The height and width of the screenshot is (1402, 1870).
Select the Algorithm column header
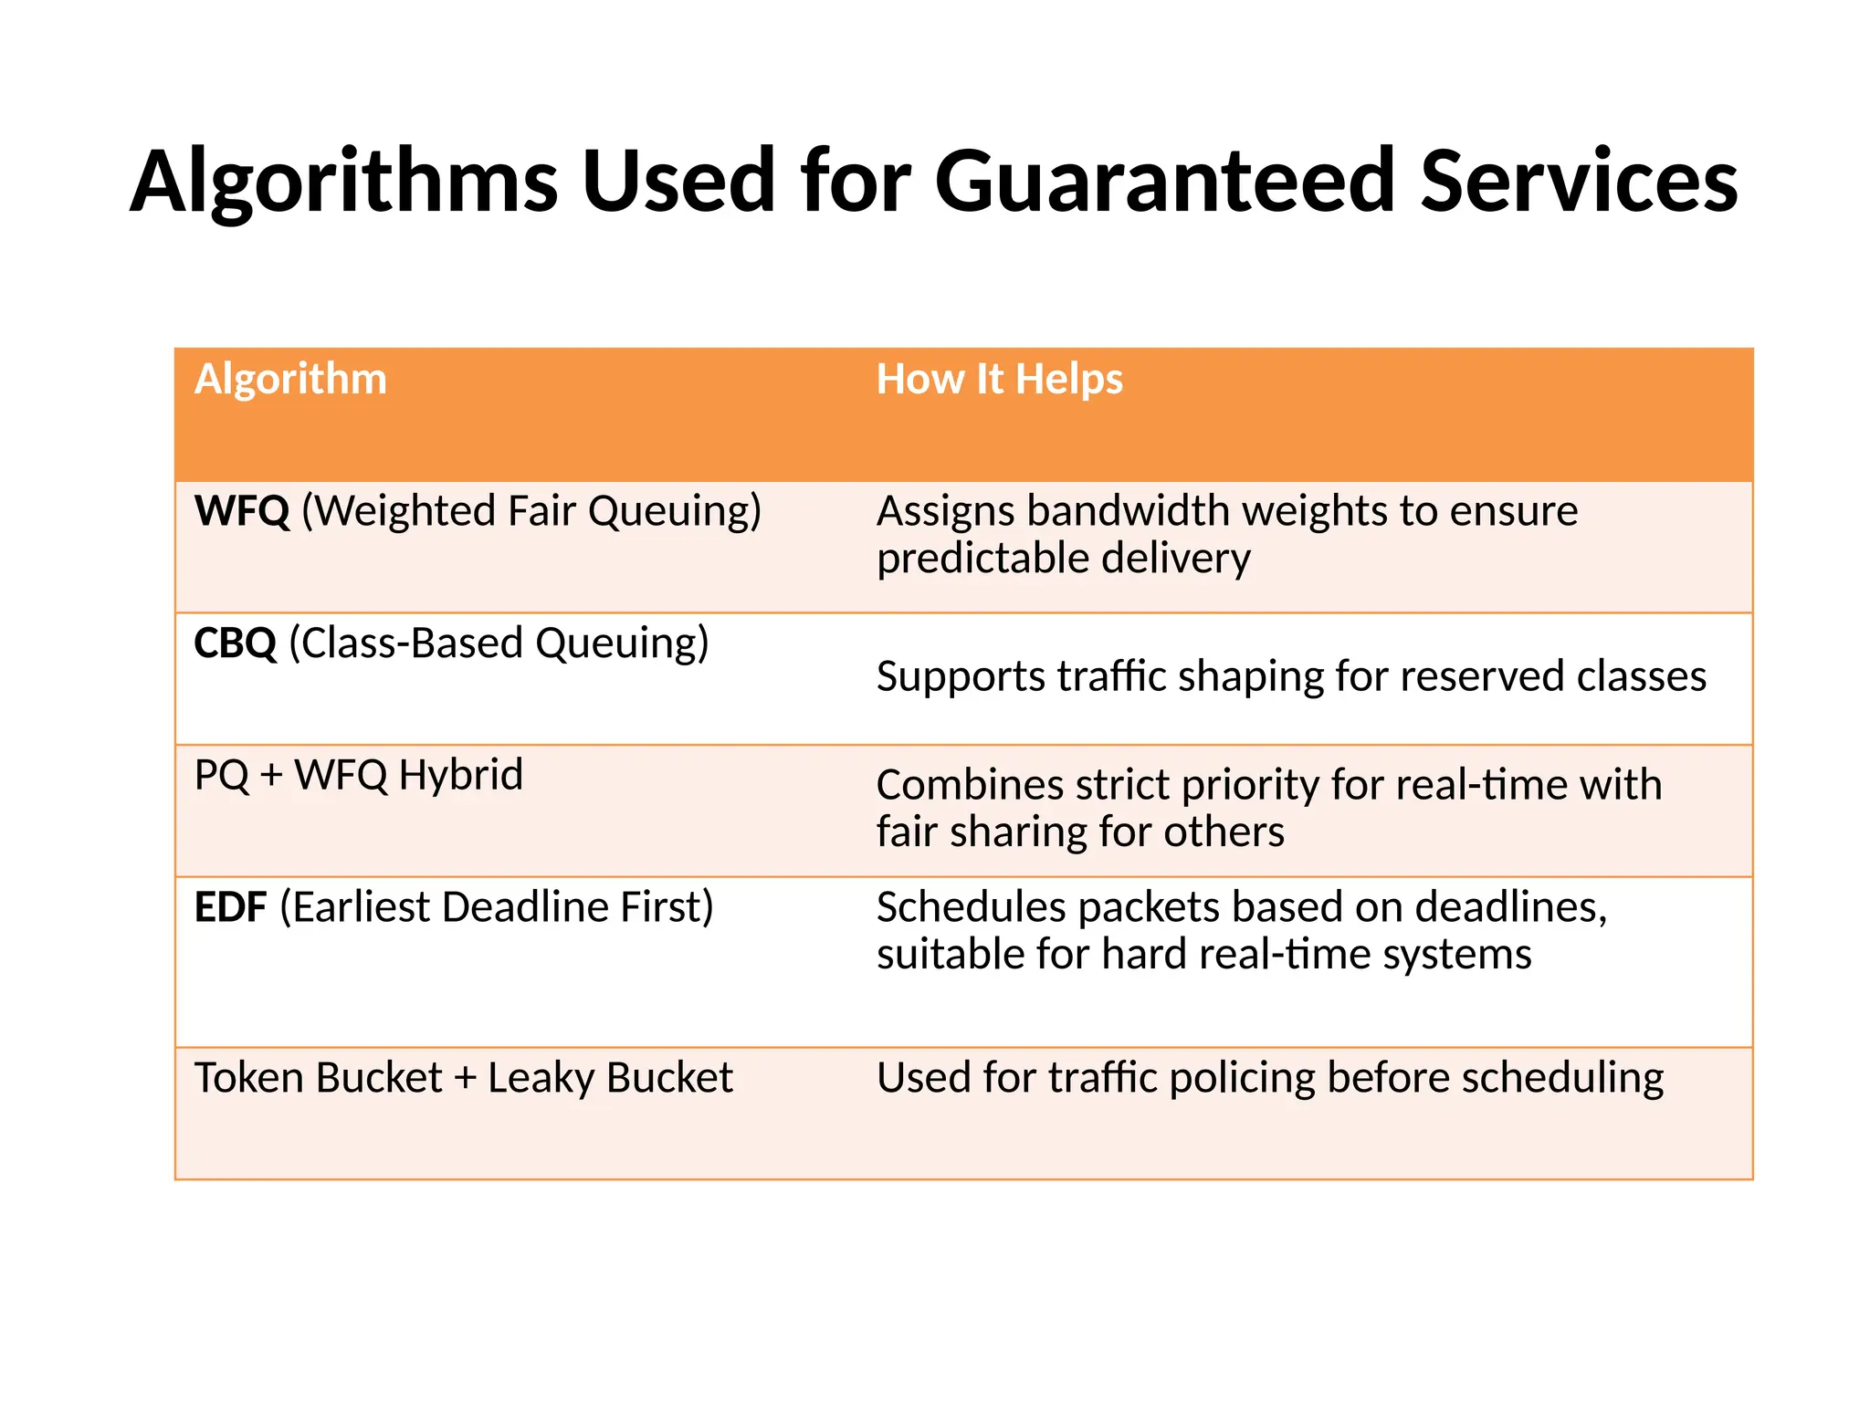pos(290,379)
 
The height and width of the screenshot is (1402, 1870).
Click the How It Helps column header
pos(999,379)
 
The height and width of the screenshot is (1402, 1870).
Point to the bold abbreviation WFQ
pos(242,511)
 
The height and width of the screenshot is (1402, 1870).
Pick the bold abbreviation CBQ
pos(236,643)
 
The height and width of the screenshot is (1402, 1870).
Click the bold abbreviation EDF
pos(230,907)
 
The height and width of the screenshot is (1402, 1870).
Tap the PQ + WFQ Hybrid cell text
pos(359,775)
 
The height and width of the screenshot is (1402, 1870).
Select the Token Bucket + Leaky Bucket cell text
pos(463,1078)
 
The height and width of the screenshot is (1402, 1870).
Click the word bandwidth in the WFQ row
pos(1132,511)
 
